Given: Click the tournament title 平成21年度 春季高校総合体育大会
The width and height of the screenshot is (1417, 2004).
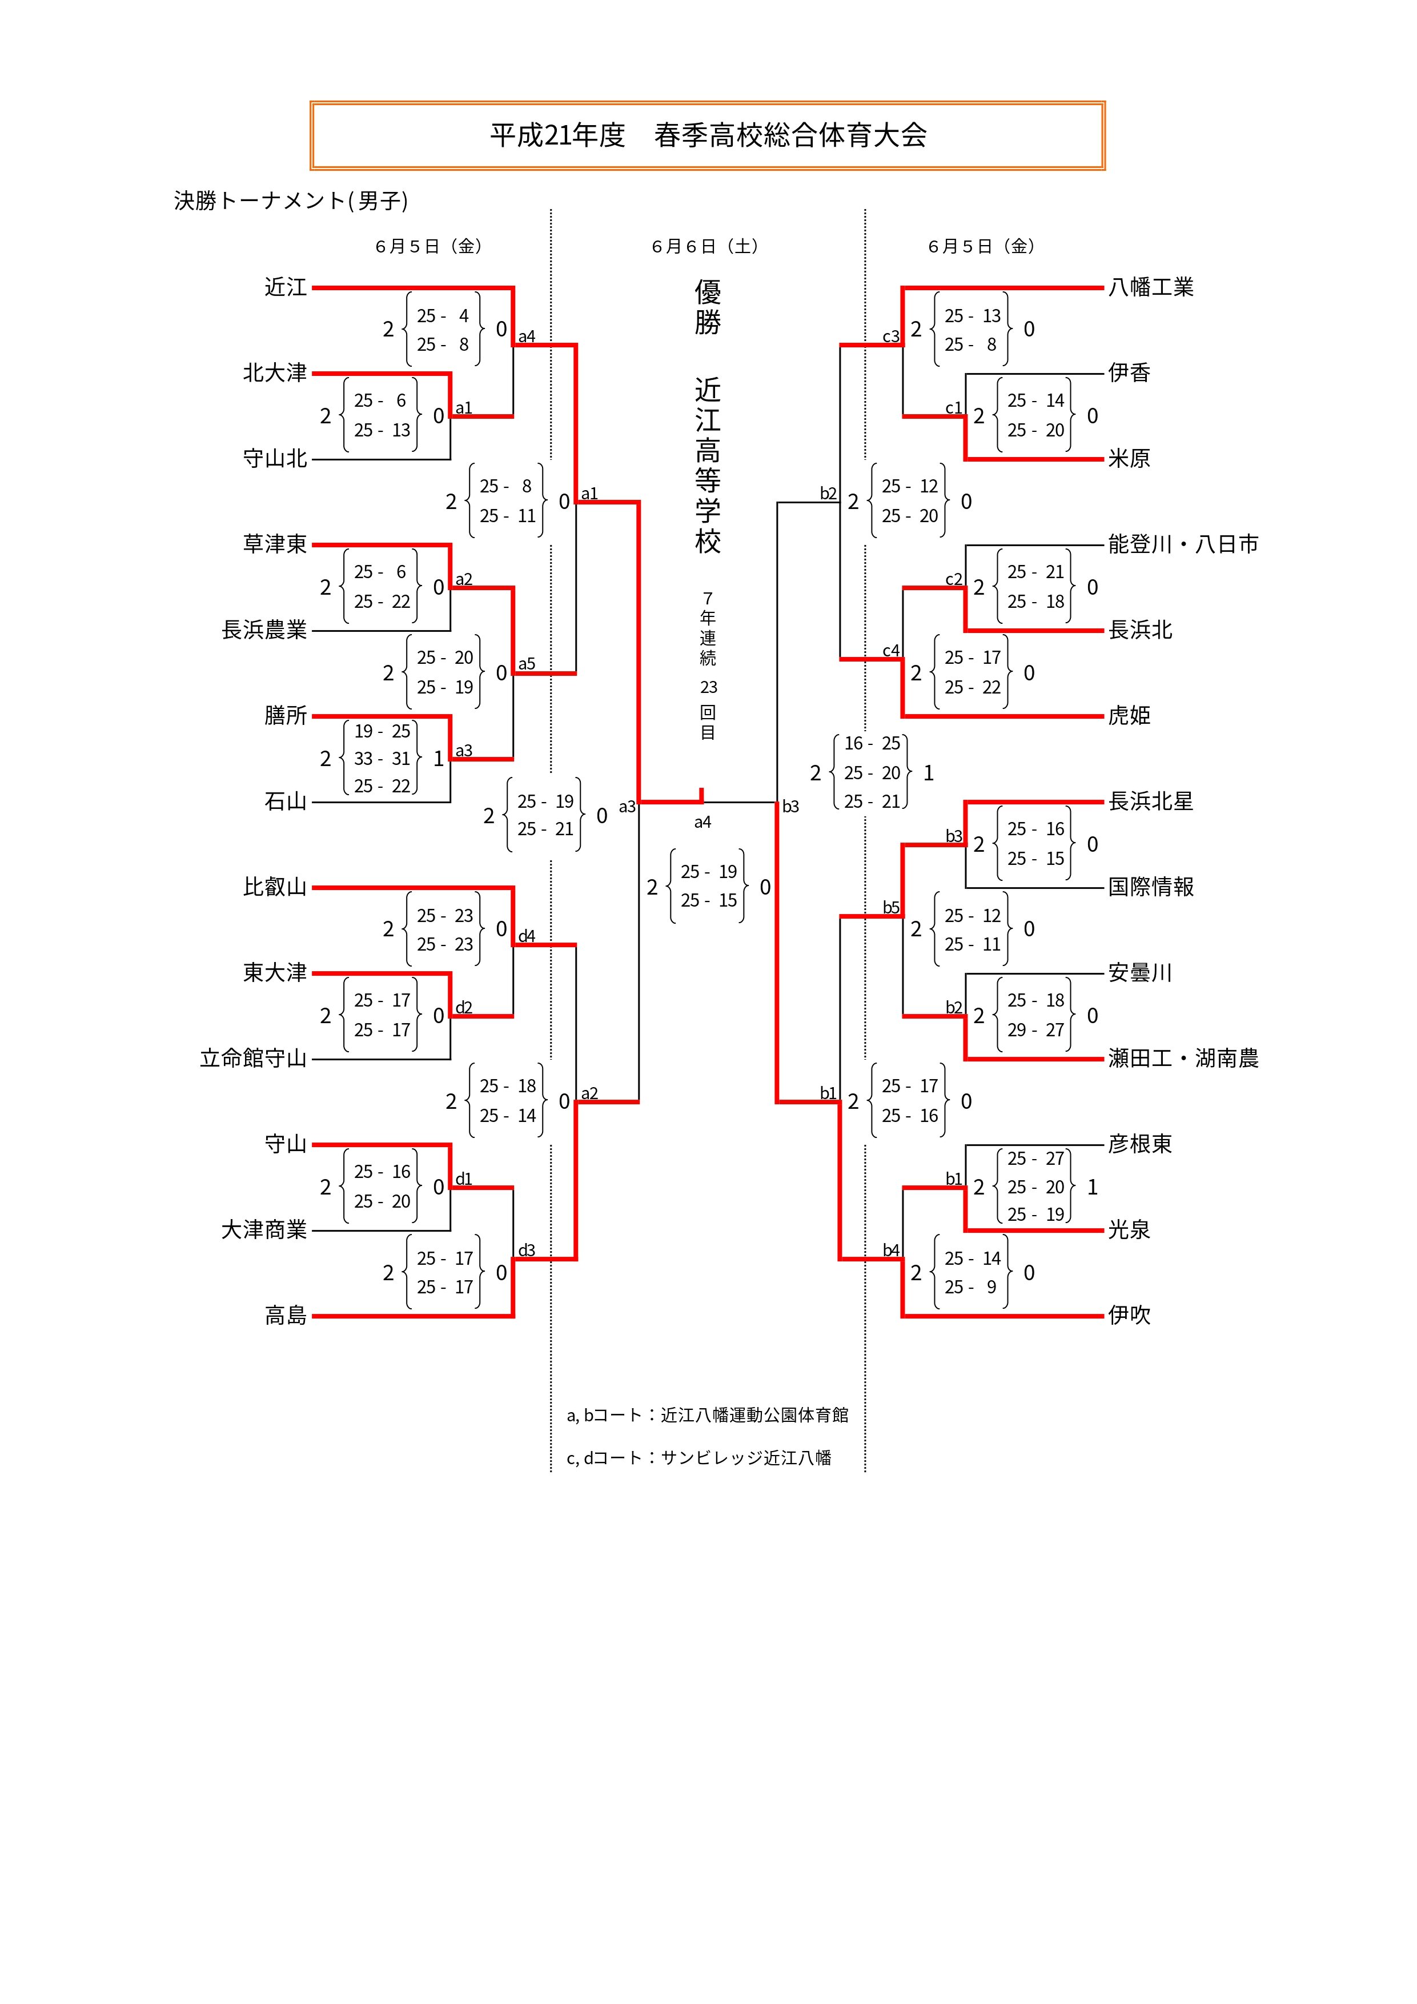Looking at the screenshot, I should (x=708, y=135).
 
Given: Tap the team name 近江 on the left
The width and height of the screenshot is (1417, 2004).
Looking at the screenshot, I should (x=286, y=287).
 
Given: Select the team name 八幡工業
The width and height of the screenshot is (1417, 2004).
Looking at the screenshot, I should (x=1150, y=287).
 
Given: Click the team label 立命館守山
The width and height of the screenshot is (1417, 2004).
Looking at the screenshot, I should (x=253, y=1059).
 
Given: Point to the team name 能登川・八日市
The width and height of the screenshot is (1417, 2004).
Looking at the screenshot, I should (x=1182, y=544).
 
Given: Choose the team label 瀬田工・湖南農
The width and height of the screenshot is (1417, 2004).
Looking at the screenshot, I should (x=1182, y=1059).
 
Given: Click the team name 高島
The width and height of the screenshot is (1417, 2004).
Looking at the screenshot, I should (x=286, y=1316).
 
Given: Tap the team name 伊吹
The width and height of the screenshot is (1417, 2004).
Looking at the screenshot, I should (x=1129, y=1316).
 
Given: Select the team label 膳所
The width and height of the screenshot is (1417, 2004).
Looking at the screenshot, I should (x=286, y=716).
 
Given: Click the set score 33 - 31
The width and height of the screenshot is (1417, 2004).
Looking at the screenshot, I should (x=382, y=759).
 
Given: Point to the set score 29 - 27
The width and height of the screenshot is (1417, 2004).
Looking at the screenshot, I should (x=1035, y=1030).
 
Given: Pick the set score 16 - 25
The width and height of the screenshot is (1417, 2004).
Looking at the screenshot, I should (x=872, y=744).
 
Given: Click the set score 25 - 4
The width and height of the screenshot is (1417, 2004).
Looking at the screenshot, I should (x=443, y=316).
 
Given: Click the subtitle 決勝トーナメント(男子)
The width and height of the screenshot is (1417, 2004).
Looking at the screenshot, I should (x=291, y=201).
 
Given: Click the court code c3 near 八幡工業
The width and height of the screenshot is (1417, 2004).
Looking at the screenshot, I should (x=890, y=337).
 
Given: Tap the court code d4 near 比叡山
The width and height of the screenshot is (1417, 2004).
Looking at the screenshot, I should (x=526, y=936).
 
